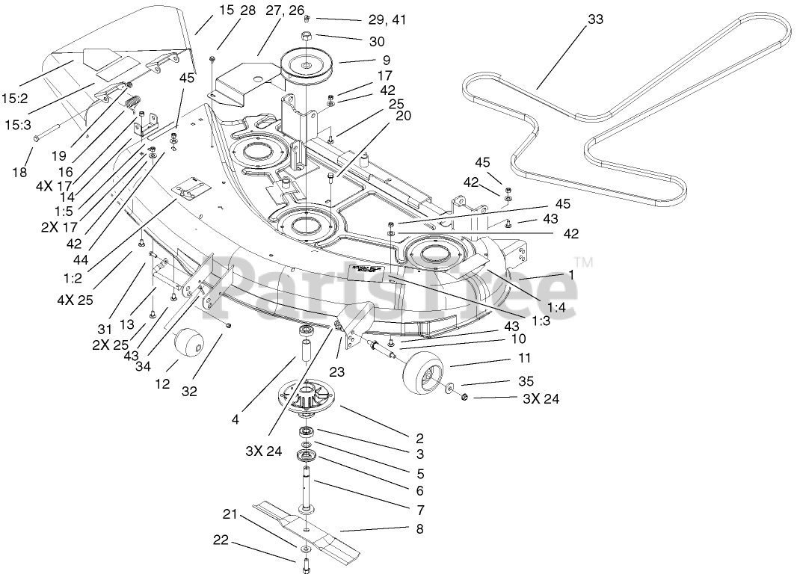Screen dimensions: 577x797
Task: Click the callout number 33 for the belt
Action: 594,20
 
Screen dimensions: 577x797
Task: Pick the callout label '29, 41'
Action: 387,20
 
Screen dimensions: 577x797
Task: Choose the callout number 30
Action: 376,43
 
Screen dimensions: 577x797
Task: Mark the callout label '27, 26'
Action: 265,10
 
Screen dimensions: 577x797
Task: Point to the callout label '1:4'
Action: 556,306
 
